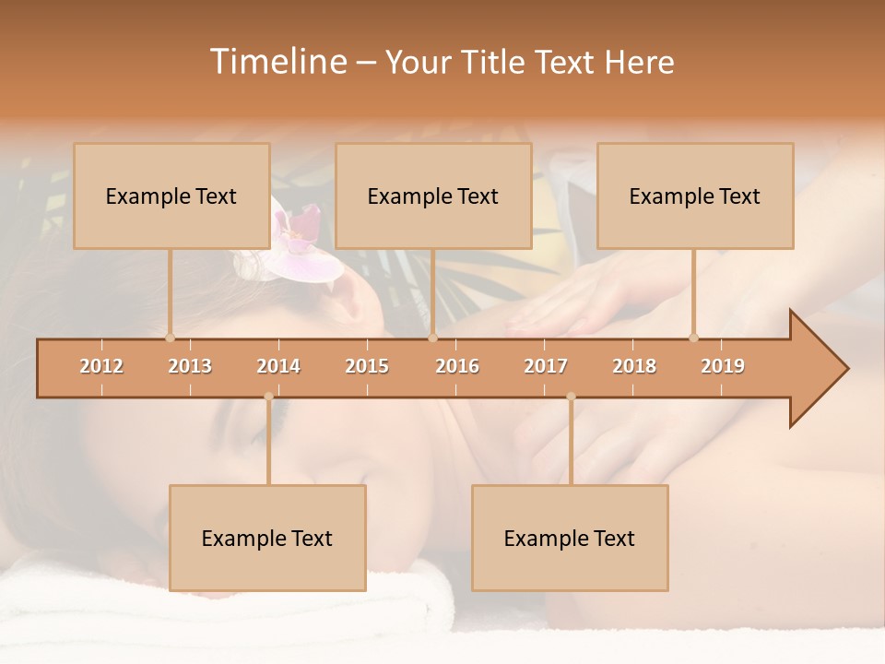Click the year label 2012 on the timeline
tap(101, 366)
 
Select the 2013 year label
tap(190, 366)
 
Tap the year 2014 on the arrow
tap(278, 366)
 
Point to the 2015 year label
tap(367, 366)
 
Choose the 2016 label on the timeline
tap(457, 366)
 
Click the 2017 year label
tap(546, 366)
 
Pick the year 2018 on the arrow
tap(634, 366)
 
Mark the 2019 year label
tap(723, 366)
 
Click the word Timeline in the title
tap(277, 62)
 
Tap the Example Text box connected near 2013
tap(171, 196)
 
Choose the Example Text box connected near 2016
tap(433, 196)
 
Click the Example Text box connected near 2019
tap(695, 196)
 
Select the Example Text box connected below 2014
tap(267, 538)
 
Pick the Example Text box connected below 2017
tap(570, 538)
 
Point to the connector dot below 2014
tap(268, 397)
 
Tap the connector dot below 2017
tap(571, 397)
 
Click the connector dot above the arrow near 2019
tap(693, 338)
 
